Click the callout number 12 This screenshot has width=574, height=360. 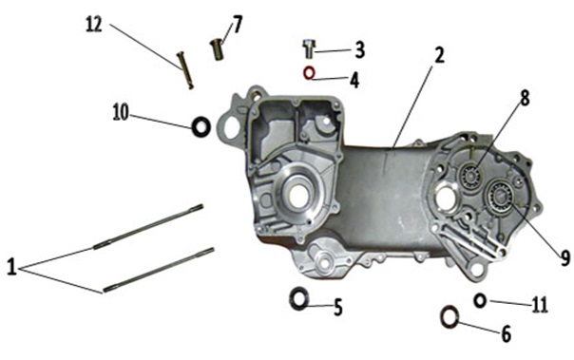94,25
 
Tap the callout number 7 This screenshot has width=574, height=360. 238,25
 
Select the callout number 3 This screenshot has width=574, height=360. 360,50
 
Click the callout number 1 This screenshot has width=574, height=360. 11,267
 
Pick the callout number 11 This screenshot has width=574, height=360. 539,304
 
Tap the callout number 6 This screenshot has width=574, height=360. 506,334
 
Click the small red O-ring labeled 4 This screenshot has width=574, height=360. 309,73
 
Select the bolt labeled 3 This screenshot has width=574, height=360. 309,48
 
